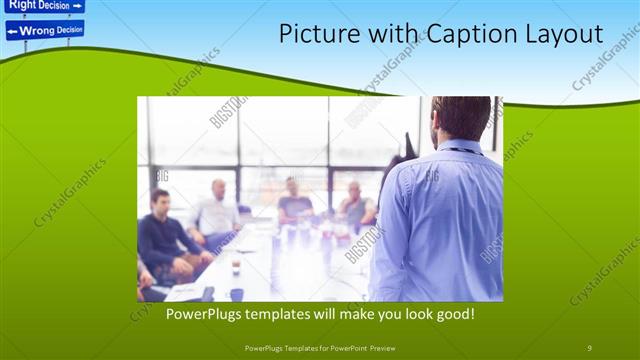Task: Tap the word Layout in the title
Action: [x=564, y=34]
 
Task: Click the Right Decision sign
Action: [x=44, y=5]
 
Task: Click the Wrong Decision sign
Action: [x=44, y=30]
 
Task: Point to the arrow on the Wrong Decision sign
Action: [x=13, y=31]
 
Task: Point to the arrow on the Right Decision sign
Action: [x=77, y=5]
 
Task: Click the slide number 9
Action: [x=589, y=347]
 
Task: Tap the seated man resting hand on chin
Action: [x=355, y=205]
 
